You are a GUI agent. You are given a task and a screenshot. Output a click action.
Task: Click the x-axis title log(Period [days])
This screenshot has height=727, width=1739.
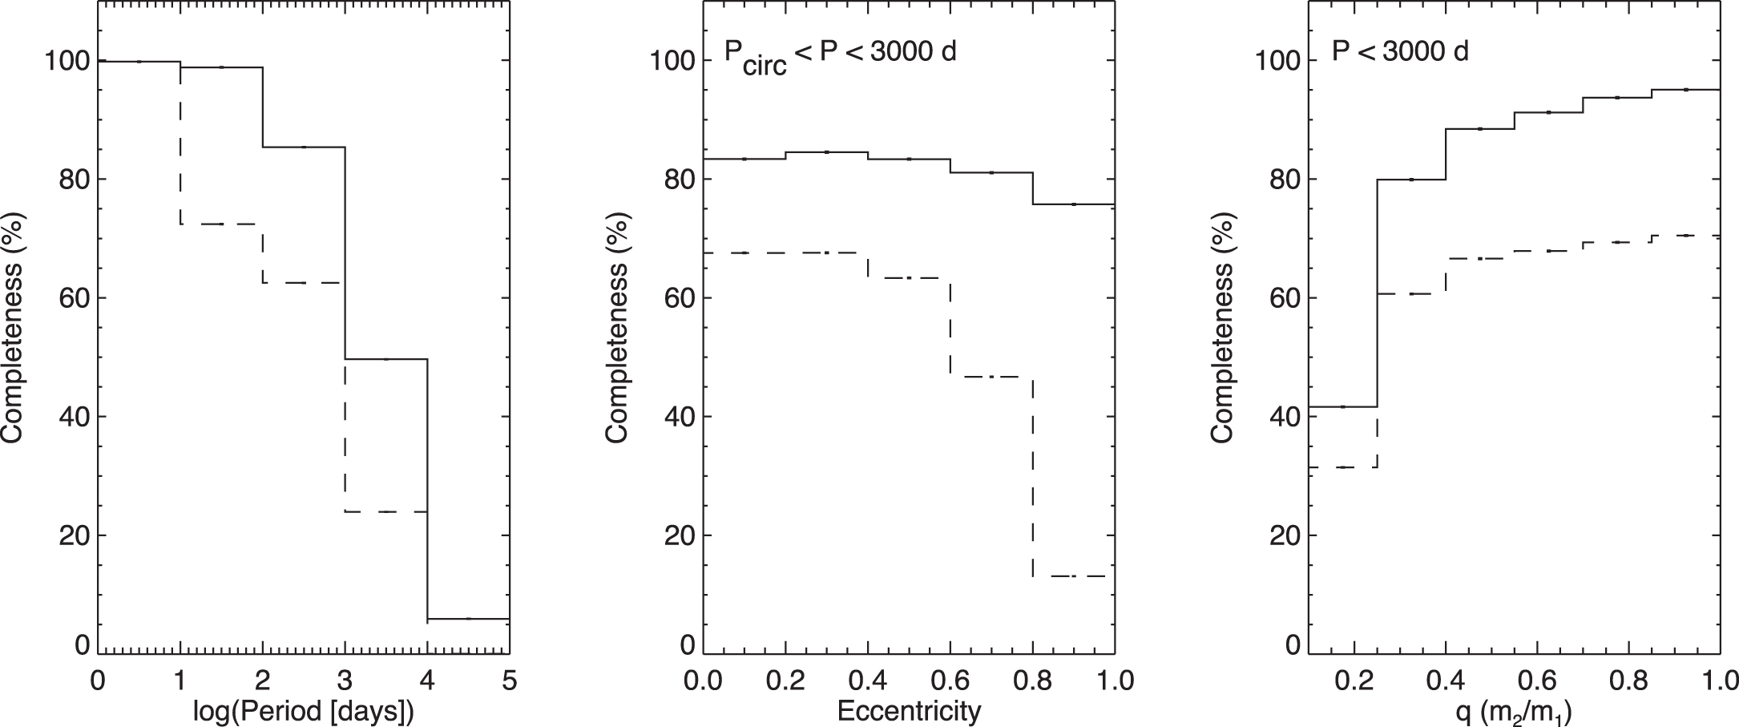click(x=304, y=711)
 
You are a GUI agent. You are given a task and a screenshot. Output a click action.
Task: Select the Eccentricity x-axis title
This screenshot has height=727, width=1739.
click(x=909, y=711)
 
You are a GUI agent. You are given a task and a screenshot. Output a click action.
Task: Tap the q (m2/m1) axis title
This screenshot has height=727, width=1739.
click(x=1515, y=712)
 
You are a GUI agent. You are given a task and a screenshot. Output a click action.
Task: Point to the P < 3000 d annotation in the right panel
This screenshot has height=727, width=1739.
click(x=1400, y=52)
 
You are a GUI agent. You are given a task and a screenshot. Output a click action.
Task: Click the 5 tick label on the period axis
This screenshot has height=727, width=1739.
click(x=509, y=682)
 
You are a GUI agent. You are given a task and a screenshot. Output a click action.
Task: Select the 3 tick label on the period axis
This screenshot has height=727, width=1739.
click(x=345, y=682)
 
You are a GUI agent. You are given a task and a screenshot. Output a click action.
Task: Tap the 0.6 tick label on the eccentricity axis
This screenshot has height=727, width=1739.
click(x=950, y=682)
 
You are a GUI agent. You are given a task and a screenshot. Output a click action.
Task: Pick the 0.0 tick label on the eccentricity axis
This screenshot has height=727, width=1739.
click(x=704, y=682)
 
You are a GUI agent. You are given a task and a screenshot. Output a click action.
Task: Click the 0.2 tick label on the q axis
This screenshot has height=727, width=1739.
click(x=1354, y=682)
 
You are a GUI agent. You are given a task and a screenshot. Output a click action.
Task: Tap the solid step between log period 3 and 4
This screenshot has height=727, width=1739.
click(x=386, y=359)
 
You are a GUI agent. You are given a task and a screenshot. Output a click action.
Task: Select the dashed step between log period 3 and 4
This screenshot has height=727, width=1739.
click(x=386, y=511)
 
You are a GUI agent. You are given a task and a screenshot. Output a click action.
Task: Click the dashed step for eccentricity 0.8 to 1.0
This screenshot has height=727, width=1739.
click(x=1074, y=576)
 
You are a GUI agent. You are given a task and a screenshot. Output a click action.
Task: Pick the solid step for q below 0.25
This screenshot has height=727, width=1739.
click(x=1342, y=407)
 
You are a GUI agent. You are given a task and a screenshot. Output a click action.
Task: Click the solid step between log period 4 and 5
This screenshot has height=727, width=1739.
click(x=469, y=619)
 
